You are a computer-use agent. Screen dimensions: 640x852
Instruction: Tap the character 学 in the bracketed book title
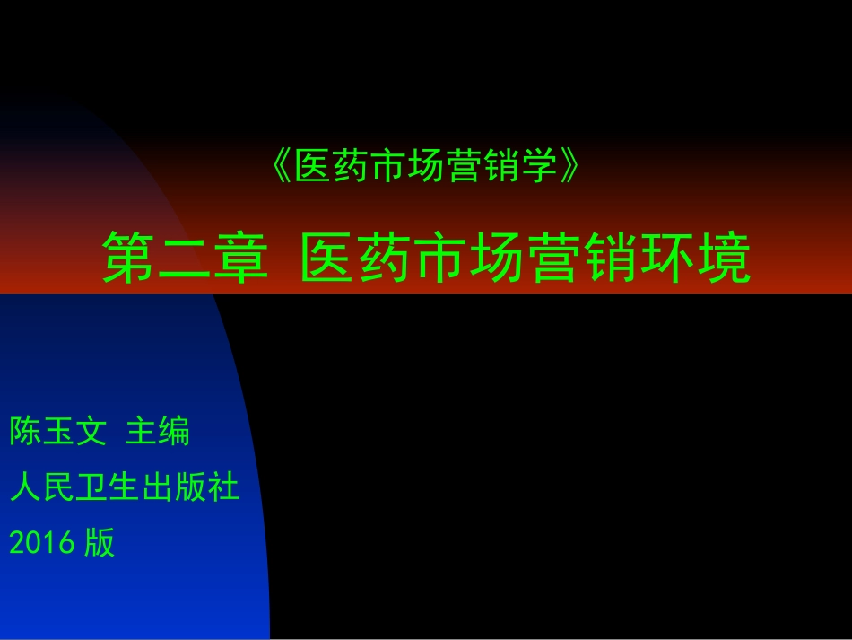(x=540, y=167)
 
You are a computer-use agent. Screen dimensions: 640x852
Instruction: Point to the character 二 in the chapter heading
(x=187, y=257)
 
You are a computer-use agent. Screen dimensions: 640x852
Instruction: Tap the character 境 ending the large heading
(x=723, y=257)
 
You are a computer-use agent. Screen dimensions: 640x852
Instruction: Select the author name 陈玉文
(x=58, y=432)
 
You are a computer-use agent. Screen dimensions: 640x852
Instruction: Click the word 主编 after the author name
(x=158, y=432)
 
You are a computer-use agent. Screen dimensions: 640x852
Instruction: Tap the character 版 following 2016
(x=100, y=542)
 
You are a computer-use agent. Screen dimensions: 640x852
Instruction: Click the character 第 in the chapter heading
(x=129, y=257)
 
